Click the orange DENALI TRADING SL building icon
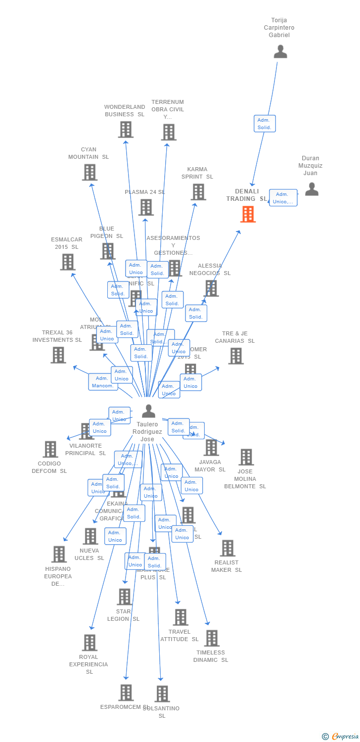pyautogui.click(x=248, y=214)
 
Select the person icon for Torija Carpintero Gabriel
pyautogui.click(x=280, y=51)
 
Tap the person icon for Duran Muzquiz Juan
pyautogui.click(x=312, y=189)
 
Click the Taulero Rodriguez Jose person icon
pyautogui.click(x=148, y=411)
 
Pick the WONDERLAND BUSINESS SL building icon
pyautogui.click(x=126, y=130)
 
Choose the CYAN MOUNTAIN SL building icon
pyautogui.click(x=90, y=172)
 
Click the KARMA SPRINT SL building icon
pyautogui.click(x=198, y=192)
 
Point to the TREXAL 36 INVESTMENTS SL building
pyautogui.click(x=58, y=355)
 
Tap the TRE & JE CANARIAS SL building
pyautogui.click(x=236, y=356)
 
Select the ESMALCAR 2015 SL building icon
pyautogui.click(x=67, y=262)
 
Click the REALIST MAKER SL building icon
pyautogui.click(x=227, y=548)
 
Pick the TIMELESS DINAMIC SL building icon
pyautogui.click(x=212, y=638)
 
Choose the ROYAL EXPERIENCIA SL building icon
pyautogui.click(x=90, y=643)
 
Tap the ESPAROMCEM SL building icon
pyautogui.click(x=126, y=693)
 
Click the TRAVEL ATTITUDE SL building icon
pyautogui.click(x=180, y=617)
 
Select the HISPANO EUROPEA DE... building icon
pyautogui.click(x=59, y=554)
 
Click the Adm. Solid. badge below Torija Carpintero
pyautogui.click(x=265, y=124)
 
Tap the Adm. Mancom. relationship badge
pyautogui.click(x=103, y=382)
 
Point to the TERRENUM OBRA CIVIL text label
pyautogui.click(x=168, y=109)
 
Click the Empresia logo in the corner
pyautogui.click(x=341, y=736)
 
